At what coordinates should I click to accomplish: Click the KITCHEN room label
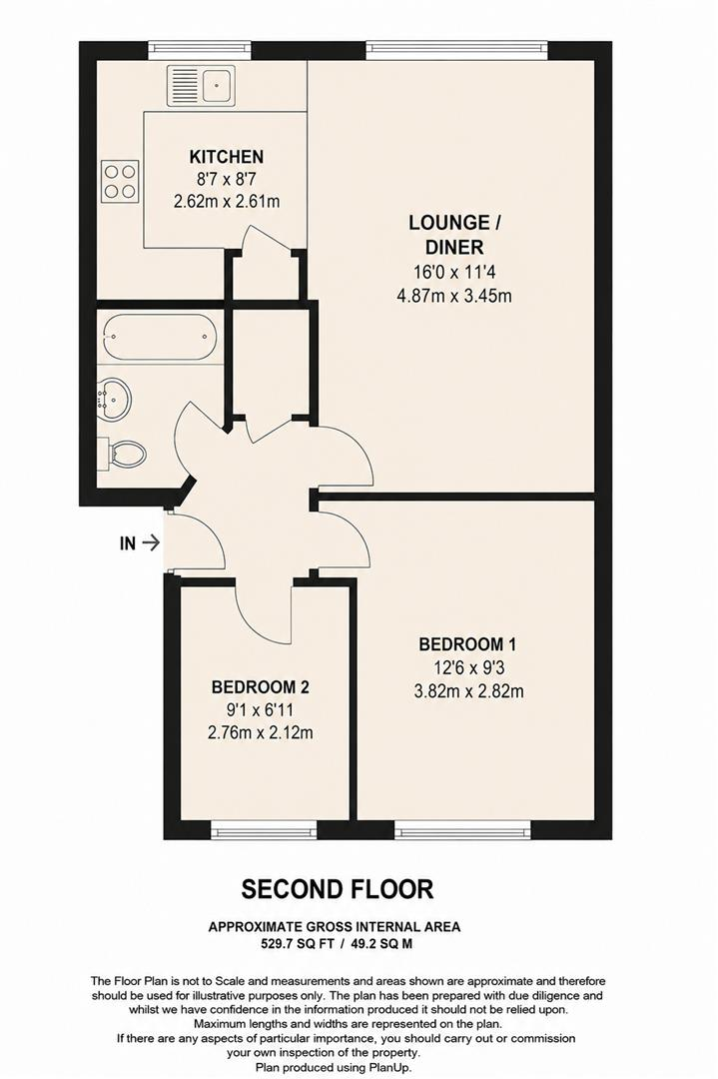pos(227,157)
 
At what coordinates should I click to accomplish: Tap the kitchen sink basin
pos(218,85)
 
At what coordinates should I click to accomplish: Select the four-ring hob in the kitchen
pos(121,181)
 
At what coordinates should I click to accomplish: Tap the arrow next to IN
pos(151,542)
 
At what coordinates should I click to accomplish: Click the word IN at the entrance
pos(128,543)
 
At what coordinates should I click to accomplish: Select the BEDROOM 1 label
pos(467,644)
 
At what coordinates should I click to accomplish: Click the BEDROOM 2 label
pos(261,686)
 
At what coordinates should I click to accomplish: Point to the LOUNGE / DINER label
pos(454,235)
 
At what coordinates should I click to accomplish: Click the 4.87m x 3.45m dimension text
pos(454,296)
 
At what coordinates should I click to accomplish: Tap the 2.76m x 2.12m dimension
pos(261,733)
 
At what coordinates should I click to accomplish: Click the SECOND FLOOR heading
pos(338,890)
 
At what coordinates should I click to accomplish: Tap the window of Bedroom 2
pos(264,830)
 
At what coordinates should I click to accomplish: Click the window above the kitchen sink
pos(200,50)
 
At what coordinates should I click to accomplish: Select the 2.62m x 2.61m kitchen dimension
pos(227,202)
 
